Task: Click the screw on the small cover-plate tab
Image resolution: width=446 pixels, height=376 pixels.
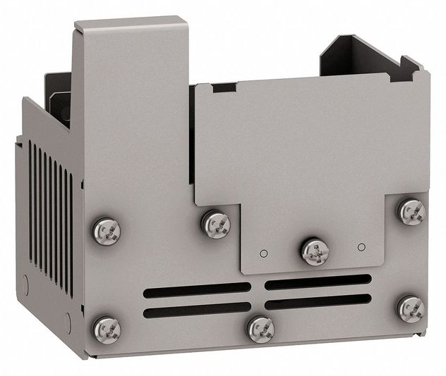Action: click(315, 251)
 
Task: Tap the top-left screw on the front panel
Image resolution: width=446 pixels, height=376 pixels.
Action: click(107, 230)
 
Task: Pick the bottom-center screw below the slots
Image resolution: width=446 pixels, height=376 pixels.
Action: click(260, 327)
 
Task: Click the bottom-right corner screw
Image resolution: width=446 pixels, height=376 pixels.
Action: click(410, 308)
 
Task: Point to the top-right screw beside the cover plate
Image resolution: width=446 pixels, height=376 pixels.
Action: click(411, 211)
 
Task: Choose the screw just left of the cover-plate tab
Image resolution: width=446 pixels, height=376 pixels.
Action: click(216, 224)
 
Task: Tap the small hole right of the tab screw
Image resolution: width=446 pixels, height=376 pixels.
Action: click(361, 247)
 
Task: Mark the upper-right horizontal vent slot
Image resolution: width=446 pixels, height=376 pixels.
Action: click(318, 282)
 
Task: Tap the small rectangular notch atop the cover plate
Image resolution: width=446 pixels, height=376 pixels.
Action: click(224, 88)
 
